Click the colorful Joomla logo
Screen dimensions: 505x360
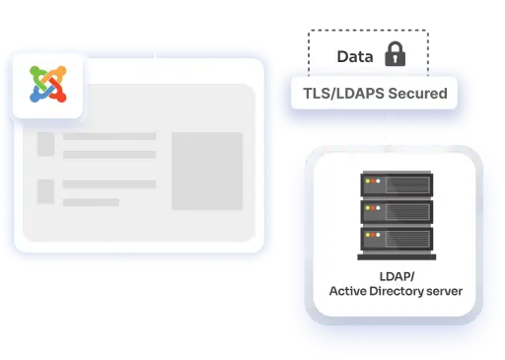tap(48, 83)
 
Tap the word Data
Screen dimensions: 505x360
tap(354, 57)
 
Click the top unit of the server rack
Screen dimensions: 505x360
tap(395, 184)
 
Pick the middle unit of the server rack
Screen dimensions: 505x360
tap(395, 211)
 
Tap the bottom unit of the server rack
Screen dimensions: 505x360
tap(395, 237)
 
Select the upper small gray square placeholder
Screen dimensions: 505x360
tap(45, 144)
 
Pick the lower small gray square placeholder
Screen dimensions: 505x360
tap(45, 189)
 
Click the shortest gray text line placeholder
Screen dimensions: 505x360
tap(91, 201)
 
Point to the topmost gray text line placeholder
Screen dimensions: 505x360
tap(109, 136)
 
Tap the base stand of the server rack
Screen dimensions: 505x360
tap(395, 252)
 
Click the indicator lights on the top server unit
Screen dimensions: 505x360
tap(370, 184)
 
